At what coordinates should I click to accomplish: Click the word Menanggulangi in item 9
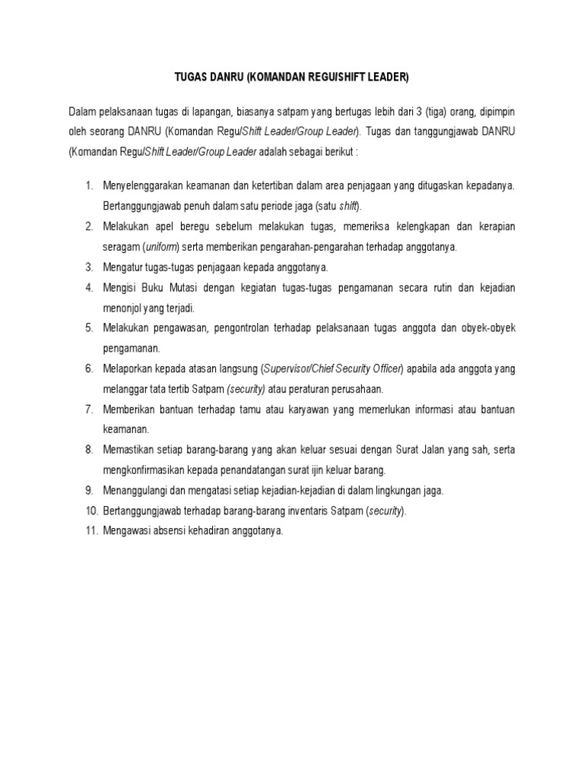pyautogui.click(x=136, y=491)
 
